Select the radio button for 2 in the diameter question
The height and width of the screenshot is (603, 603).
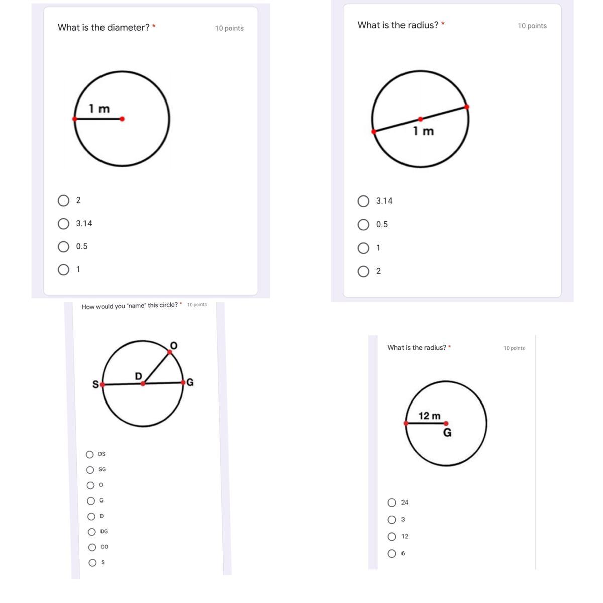coord(63,200)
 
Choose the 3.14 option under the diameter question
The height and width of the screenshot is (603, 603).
coord(63,224)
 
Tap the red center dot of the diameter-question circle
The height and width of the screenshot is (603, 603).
coord(122,119)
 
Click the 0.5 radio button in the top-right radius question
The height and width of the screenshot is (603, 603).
coord(363,225)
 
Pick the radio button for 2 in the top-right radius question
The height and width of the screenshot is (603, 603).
coord(363,272)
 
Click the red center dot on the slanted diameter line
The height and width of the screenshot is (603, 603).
coord(420,119)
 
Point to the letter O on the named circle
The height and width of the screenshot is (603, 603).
coord(174,345)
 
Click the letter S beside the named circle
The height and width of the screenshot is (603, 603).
coord(96,384)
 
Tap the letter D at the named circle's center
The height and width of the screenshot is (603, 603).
coord(138,376)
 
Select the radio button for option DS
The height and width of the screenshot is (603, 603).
coord(90,454)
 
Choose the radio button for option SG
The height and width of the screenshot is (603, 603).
coord(90,470)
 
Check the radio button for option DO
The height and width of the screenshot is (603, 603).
coord(92,547)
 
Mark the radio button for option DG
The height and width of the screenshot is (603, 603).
coord(91,532)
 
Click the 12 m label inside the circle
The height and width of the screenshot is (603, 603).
coord(429,416)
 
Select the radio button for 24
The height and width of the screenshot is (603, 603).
coord(392,502)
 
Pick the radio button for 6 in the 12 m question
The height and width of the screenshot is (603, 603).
coord(392,554)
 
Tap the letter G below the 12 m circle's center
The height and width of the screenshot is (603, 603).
coord(448,433)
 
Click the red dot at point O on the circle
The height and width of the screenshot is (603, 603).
coord(170,352)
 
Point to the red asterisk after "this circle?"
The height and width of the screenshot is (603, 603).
coord(181,303)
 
